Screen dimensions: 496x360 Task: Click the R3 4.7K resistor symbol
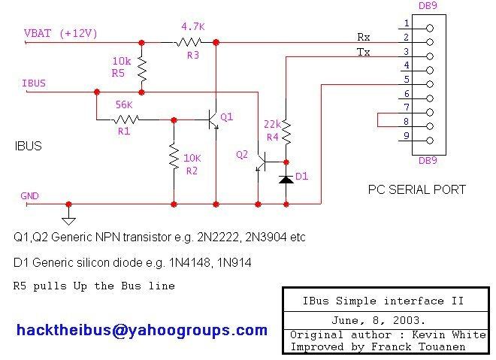[188, 42]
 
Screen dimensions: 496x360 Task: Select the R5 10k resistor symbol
[142, 70]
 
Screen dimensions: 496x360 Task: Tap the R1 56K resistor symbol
[126, 119]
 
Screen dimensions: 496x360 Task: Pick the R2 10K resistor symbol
[174, 156]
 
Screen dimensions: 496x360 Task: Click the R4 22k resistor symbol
[286, 132]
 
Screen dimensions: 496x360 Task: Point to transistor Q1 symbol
[213, 119]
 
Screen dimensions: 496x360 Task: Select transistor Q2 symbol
[261, 162]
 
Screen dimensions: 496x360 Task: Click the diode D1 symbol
[286, 180]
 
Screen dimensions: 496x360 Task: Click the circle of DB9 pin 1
[430, 28]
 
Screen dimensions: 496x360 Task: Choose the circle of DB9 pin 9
[430, 141]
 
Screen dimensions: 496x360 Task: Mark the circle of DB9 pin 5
[430, 84]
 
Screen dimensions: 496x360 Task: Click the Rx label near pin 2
[364, 37]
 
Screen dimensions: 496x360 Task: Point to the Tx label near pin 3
[363, 52]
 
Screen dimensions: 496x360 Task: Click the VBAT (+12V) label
[60, 33]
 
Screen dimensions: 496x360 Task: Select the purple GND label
[29, 196]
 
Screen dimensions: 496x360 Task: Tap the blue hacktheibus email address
[142, 331]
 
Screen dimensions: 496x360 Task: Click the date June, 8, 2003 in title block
[378, 320]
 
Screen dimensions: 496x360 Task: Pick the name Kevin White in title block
[449, 334]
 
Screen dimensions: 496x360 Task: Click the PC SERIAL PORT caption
[417, 189]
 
